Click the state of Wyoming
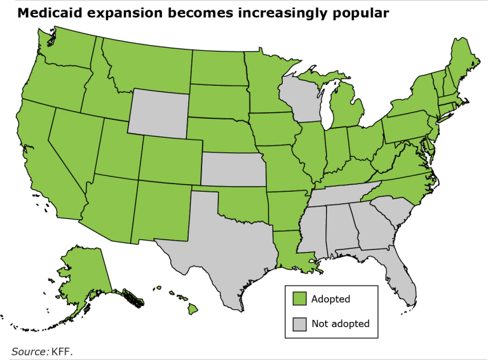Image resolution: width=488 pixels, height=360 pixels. point(158,112)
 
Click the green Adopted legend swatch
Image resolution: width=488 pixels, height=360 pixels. point(300,298)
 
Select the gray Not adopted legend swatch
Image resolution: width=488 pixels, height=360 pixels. point(300,324)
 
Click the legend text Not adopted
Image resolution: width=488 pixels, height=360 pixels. point(340,324)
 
